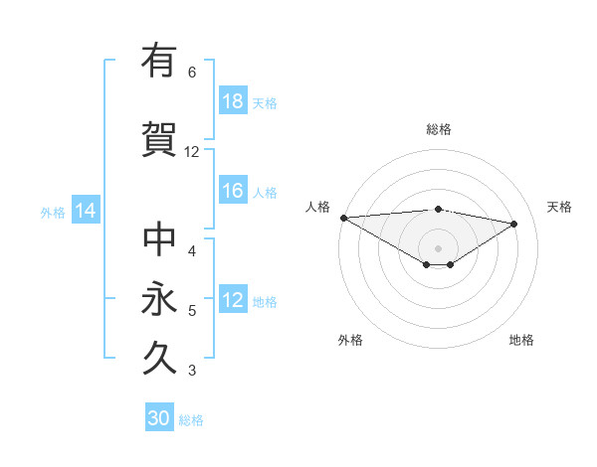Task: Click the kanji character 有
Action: (159, 61)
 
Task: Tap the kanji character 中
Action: (159, 239)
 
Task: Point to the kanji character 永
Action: (159, 299)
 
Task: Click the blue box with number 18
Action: (233, 101)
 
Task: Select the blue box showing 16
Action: (233, 191)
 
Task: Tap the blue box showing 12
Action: (233, 300)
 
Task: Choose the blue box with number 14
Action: (85, 211)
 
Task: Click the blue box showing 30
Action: (159, 418)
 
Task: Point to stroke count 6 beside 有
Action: (192, 73)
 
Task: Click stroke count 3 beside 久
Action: (192, 371)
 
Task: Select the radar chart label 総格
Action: (438, 129)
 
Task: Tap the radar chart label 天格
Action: (559, 207)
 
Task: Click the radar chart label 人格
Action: (317, 207)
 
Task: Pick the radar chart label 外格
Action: (350, 340)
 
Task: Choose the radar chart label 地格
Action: (521, 340)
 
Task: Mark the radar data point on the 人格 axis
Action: (343, 218)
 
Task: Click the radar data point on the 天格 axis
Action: (514, 224)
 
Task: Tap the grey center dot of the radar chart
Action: (438, 247)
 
